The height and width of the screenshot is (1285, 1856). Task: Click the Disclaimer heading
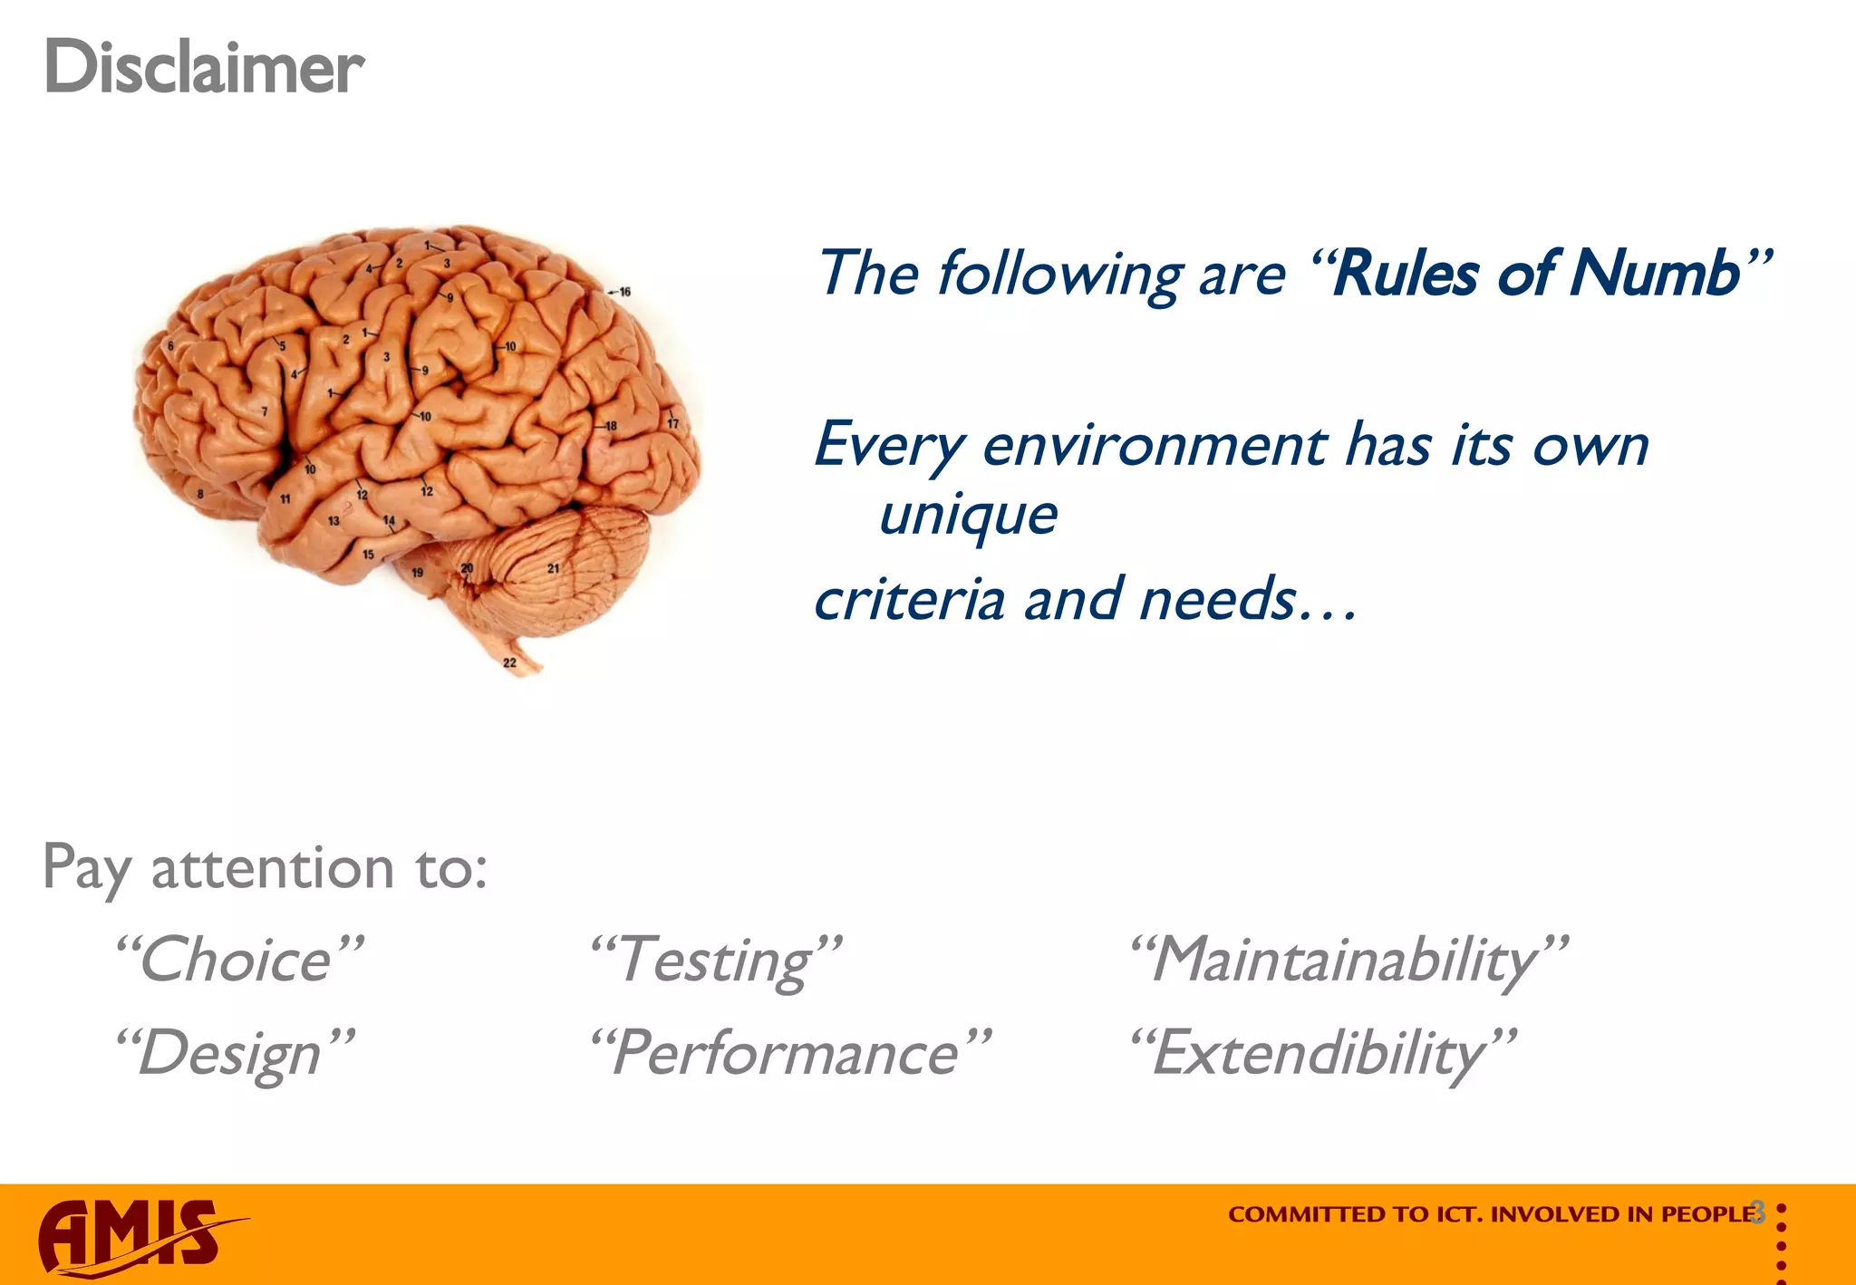(204, 68)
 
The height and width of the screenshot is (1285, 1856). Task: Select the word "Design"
(232, 1054)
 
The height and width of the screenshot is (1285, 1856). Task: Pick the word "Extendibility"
(1321, 1054)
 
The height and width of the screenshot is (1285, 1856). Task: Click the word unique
(968, 517)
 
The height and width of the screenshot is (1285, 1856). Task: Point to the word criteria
(909, 600)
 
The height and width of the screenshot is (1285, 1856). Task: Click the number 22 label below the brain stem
(509, 663)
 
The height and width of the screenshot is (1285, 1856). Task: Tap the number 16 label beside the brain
(624, 292)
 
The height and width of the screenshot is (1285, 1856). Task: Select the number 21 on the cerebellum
(553, 568)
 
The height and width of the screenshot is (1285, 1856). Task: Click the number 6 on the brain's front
(170, 346)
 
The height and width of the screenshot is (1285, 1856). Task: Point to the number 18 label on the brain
(611, 426)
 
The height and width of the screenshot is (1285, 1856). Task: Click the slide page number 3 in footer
(1758, 1212)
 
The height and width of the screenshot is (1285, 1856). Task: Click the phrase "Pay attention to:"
(265, 868)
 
